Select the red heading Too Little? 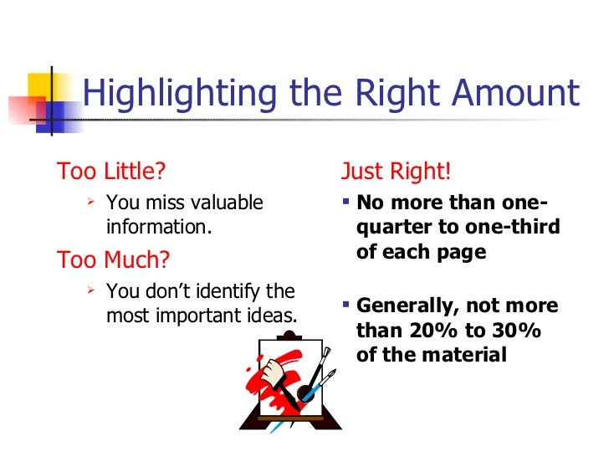pyautogui.click(x=111, y=172)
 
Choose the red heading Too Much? pyautogui.click(x=113, y=260)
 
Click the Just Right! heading pyautogui.click(x=397, y=172)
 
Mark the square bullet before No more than pyautogui.click(x=346, y=203)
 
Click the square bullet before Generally pyautogui.click(x=346, y=306)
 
